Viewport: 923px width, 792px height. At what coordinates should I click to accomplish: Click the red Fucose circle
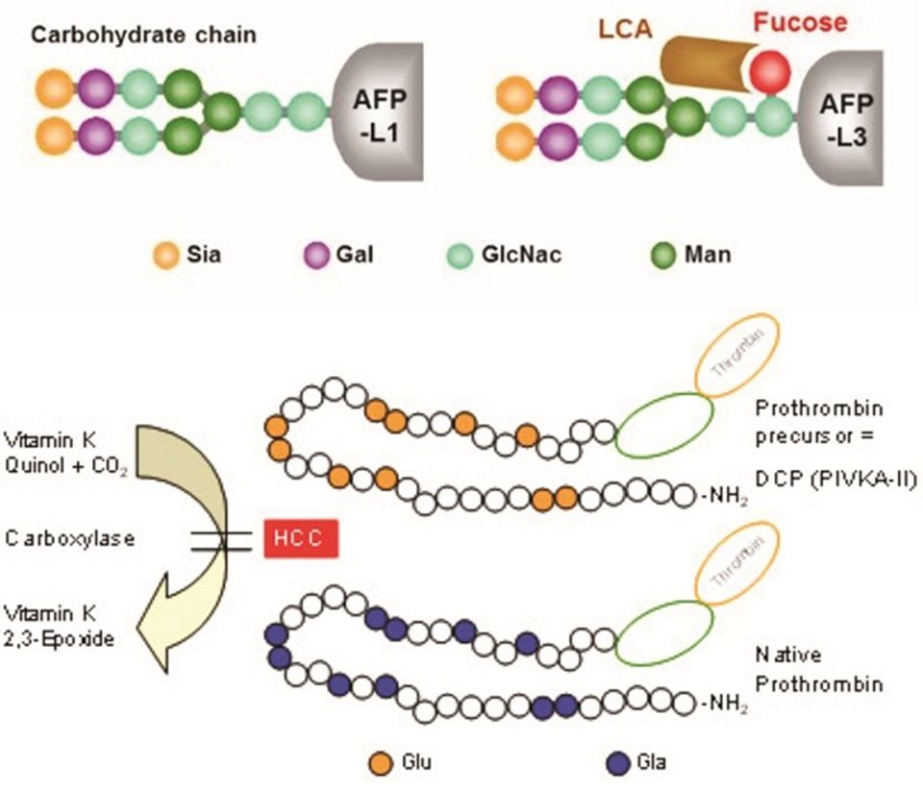pos(769,70)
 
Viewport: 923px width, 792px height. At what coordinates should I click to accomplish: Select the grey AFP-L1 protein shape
pos(377,111)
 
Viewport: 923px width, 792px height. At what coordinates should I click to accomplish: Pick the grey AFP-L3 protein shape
pos(843,118)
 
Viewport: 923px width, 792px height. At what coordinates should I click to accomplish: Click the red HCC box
pos(301,538)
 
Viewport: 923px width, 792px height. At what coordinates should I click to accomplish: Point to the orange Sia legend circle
pos(166,256)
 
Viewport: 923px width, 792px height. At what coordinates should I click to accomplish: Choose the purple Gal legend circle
pos(316,256)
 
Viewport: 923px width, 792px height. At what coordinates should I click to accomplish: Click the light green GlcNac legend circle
pos(460,256)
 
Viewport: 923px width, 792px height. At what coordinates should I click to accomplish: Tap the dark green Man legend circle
pos(663,256)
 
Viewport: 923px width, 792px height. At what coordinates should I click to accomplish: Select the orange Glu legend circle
pos(381,763)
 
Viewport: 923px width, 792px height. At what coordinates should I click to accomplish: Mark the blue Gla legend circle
pos(618,763)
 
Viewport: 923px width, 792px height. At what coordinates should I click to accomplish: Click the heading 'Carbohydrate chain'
pos(143,36)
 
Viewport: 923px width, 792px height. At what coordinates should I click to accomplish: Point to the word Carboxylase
pos(70,538)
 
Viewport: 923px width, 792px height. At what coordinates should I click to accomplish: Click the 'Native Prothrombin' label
pos(819,670)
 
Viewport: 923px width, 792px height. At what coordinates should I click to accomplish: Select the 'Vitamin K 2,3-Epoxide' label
pos(59,626)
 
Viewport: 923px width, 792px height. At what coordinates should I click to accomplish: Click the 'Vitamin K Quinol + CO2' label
pos(65,454)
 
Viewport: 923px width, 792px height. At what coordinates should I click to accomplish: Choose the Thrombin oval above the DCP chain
pos(737,355)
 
